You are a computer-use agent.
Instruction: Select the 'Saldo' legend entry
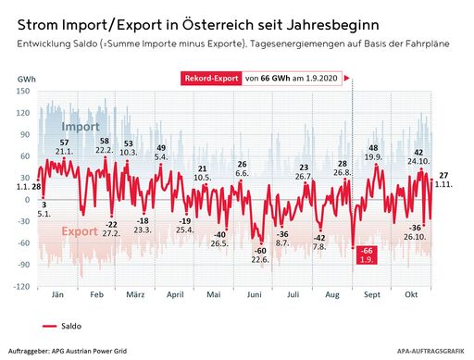click(x=74, y=326)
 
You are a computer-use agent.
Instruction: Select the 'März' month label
click(x=135, y=296)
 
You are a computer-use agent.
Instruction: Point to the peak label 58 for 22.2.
click(x=104, y=141)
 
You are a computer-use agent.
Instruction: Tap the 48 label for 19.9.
click(x=374, y=148)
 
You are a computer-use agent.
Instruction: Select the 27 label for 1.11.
click(x=443, y=176)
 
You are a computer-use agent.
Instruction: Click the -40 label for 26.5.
click(x=219, y=235)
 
